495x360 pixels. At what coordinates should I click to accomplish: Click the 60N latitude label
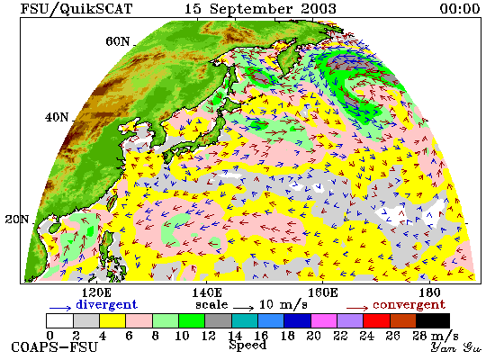117,41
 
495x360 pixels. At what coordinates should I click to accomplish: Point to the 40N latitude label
57,117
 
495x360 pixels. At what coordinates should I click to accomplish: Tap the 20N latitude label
17,219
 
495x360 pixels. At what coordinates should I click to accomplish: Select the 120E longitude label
96,292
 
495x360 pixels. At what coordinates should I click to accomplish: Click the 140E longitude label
207,292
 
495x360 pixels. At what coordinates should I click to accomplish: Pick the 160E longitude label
322,292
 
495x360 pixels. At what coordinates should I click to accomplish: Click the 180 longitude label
429,292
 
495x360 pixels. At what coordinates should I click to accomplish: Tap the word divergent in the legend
107,304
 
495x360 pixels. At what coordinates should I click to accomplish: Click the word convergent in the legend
409,305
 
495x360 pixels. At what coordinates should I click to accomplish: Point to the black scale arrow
244,308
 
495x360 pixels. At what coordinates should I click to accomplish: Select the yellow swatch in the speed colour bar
112,320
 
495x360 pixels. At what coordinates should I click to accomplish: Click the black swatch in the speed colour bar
433,320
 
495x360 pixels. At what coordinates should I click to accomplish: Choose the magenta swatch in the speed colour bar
324,320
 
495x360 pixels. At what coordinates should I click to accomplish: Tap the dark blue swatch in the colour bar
297,320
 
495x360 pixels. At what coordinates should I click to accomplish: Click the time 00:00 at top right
460,8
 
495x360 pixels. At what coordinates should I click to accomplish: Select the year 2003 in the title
319,8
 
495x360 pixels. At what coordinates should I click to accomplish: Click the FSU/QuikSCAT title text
76,9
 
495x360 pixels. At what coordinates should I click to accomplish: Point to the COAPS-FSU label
54,347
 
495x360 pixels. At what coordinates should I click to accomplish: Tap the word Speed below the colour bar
247,346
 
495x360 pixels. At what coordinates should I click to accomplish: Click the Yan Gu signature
455,347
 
